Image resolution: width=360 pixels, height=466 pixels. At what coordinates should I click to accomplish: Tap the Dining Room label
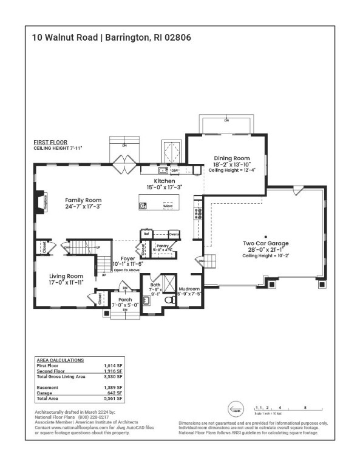(x=231, y=158)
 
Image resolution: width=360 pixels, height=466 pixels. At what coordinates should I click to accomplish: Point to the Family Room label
(x=84, y=200)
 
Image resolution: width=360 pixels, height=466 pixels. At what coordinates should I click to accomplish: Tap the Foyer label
(x=127, y=258)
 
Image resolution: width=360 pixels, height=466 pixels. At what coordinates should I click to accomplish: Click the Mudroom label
(x=189, y=289)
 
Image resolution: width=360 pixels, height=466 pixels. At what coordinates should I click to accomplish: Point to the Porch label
(x=125, y=299)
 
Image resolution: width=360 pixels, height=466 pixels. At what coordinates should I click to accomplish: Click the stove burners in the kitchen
(x=197, y=212)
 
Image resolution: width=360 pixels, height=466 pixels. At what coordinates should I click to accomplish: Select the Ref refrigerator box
(x=146, y=234)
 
